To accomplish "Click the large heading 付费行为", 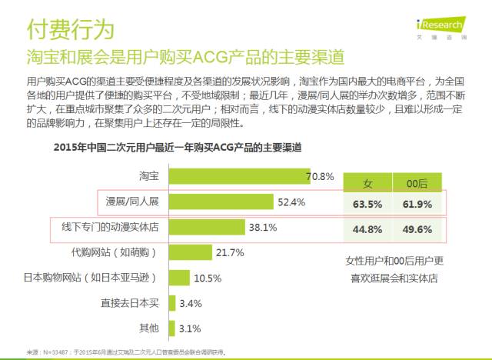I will pyautogui.click(x=70, y=29).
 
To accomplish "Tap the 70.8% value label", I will pyautogui.click(x=320, y=177).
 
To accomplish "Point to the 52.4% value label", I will pyautogui.click(x=291, y=202).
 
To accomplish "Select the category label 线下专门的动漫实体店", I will pyautogui.click(x=111, y=228).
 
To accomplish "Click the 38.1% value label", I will pyautogui.click(x=262, y=228).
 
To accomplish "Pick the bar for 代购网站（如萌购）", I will pyautogui.click(x=189, y=252).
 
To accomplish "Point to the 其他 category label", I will pyautogui.click(x=149, y=328).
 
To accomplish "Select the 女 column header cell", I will pyautogui.click(x=367, y=183).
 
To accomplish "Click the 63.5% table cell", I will pyautogui.click(x=367, y=205).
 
